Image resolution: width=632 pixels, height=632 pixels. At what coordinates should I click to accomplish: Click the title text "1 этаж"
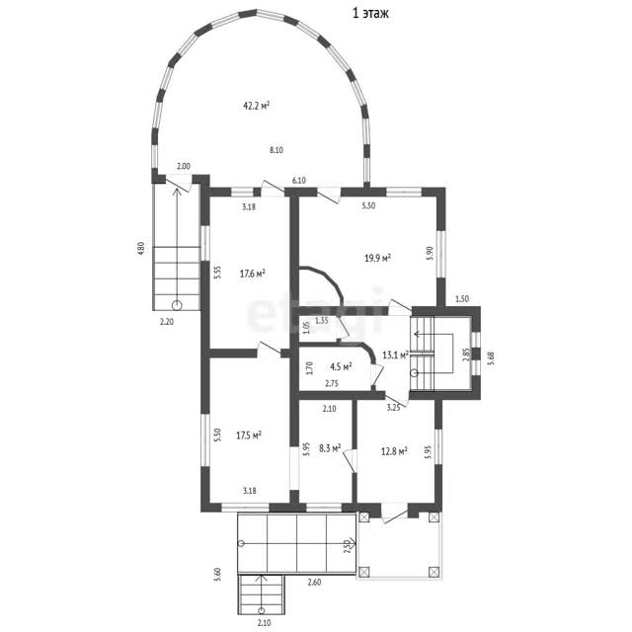[x=370, y=13]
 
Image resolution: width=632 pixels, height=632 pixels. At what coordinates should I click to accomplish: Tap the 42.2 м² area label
[x=257, y=106]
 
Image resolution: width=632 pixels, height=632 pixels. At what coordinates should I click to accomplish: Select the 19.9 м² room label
[x=377, y=258]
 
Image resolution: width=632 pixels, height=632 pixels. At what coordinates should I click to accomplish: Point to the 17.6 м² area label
[x=253, y=274]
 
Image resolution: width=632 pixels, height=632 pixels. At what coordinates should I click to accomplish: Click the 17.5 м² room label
[x=249, y=435]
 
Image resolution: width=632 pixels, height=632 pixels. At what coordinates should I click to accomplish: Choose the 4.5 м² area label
[x=341, y=366]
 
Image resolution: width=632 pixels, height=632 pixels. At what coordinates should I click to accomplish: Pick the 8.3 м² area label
[x=330, y=447]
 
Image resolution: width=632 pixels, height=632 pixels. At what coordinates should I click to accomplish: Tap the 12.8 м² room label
[x=394, y=451]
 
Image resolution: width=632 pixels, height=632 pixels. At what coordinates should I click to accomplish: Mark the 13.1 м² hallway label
[x=395, y=355]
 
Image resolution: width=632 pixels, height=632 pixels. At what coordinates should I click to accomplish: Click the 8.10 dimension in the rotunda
[x=276, y=150]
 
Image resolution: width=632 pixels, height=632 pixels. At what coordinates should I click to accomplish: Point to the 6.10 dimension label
[x=298, y=181]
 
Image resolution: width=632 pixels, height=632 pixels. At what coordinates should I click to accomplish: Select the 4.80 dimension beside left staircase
[x=141, y=250]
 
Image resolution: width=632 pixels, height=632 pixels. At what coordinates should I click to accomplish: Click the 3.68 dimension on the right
[x=491, y=357]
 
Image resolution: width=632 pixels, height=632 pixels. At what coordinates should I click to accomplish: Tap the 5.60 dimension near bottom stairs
[x=218, y=574]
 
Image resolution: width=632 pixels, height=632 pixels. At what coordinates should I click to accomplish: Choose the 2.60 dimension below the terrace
[x=314, y=582]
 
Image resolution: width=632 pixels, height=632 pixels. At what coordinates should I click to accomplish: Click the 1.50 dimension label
[x=462, y=299]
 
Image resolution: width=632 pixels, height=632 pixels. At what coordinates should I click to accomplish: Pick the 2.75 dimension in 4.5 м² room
[x=332, y=384]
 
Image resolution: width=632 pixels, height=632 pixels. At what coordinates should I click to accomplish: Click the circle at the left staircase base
[x=177, y=305]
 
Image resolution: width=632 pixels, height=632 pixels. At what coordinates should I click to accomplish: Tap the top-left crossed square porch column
[x=364, y=517]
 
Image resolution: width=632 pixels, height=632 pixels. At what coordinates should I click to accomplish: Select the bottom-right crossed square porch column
[x=434, y=572]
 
